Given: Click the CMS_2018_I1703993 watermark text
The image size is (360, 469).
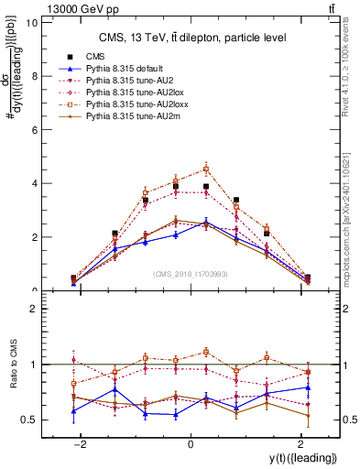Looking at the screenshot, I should [191, 274].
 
